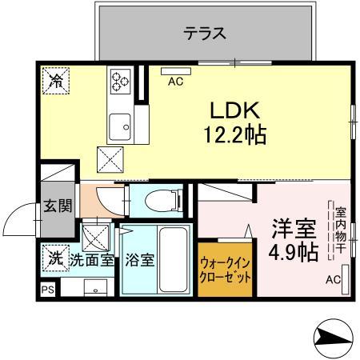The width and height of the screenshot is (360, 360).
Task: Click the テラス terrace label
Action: coord(205,34)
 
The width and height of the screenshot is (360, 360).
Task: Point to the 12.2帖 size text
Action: coord(233,134)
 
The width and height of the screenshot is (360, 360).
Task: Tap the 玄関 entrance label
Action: coord(57,206)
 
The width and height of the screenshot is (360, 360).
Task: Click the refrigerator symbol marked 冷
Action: coord(56,81)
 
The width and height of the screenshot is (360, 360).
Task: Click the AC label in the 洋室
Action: coord(333,280)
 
